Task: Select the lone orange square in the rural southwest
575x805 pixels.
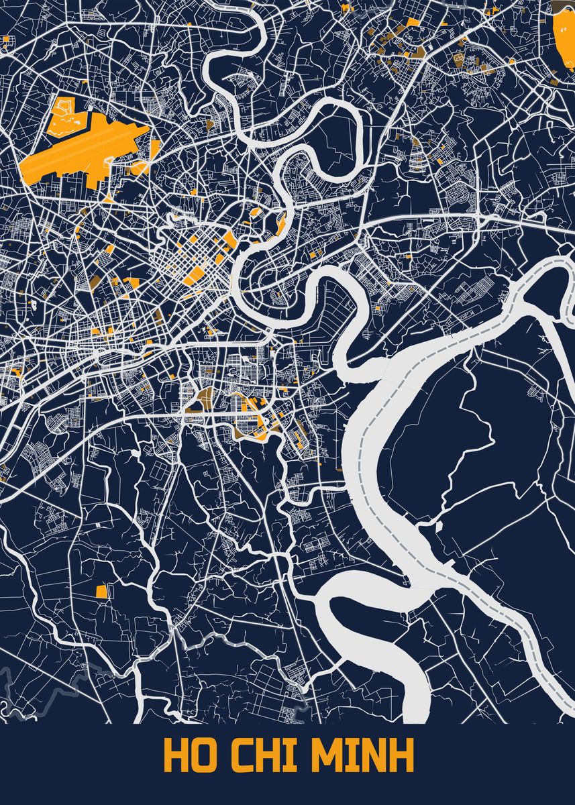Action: pyautogui.click(x=101, y=591)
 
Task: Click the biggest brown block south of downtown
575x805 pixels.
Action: pyautogui.click(x=203, y=396)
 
